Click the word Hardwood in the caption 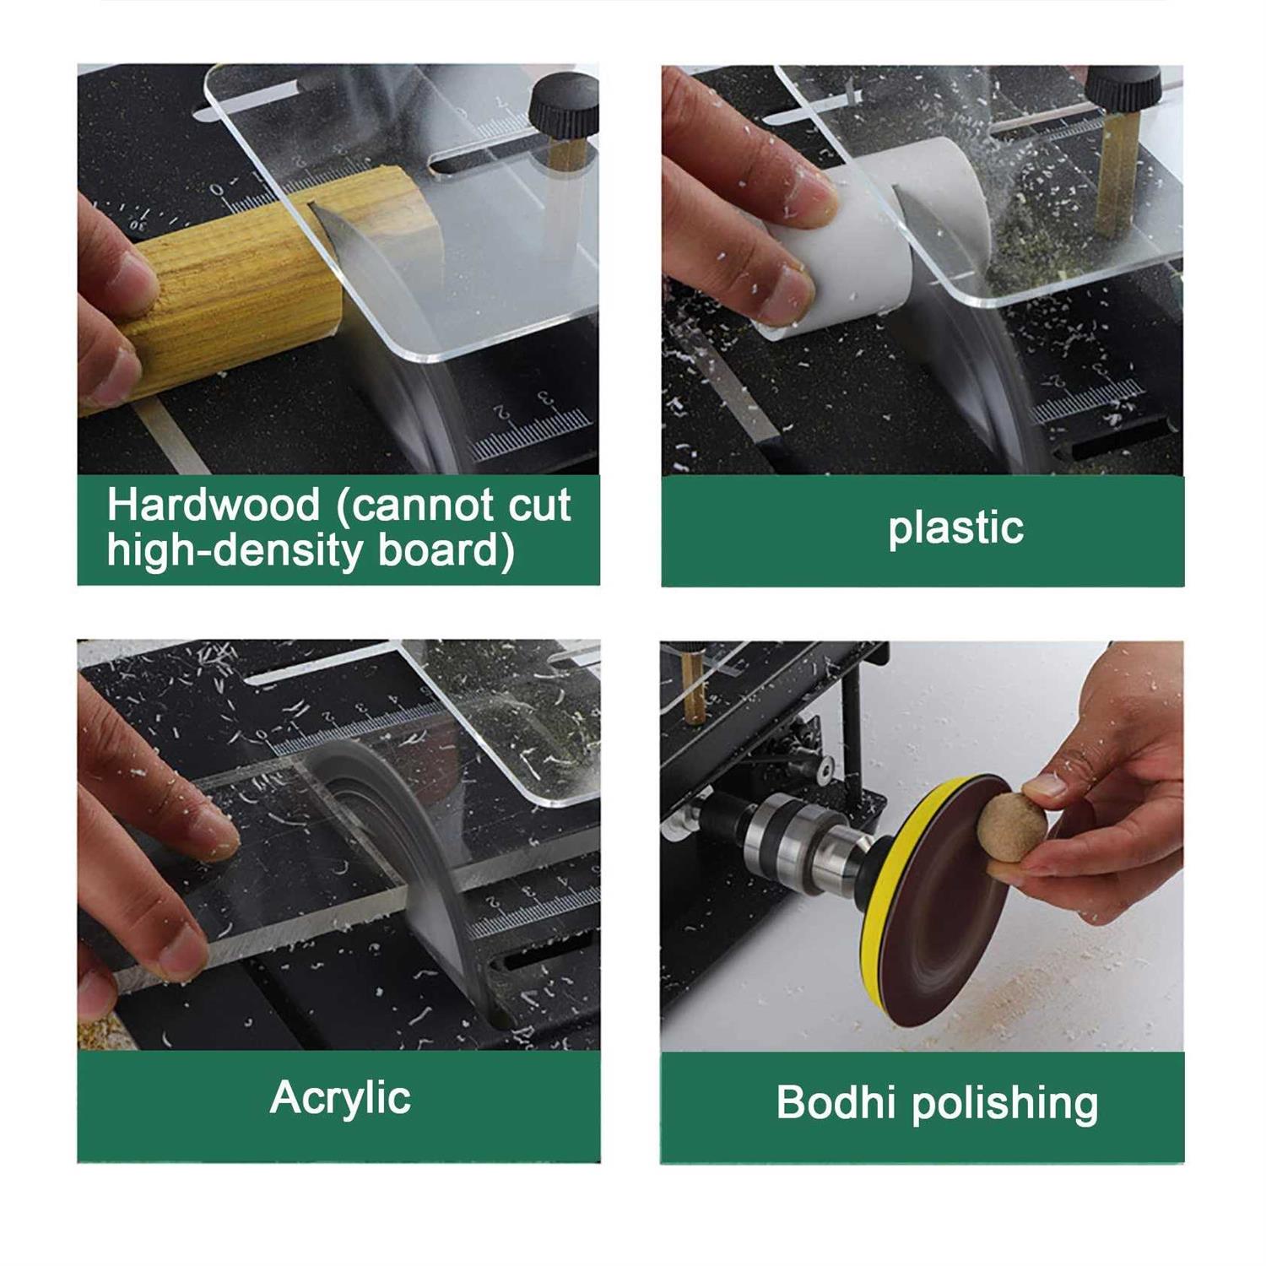214,506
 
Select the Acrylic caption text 340,1099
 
